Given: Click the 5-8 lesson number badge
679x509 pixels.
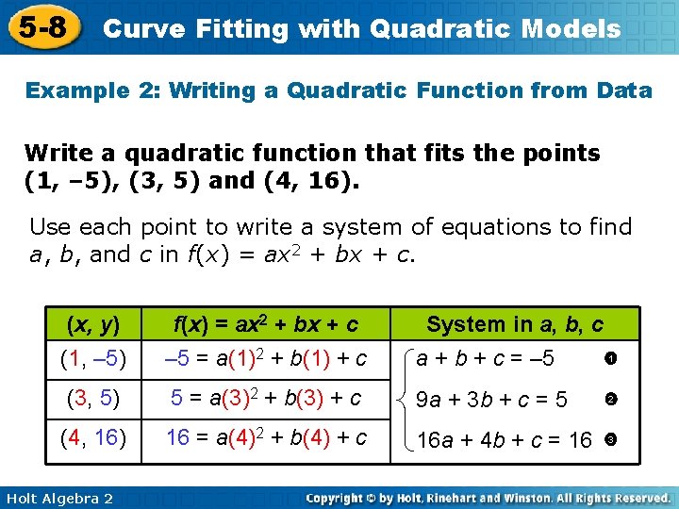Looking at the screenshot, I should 41,27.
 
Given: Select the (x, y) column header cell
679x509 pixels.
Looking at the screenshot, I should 92,324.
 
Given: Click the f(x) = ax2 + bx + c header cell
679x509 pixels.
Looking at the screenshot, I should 265,324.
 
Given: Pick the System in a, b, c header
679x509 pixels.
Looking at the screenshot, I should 515,324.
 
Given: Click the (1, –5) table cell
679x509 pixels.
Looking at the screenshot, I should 92,359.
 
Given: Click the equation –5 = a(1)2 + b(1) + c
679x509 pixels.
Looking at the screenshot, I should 265,359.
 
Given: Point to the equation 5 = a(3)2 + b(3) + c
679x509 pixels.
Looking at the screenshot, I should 265,399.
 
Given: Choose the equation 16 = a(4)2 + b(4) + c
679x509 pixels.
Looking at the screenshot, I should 265,438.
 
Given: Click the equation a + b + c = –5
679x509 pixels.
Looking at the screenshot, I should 486,359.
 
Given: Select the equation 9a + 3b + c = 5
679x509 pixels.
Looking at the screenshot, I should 491,401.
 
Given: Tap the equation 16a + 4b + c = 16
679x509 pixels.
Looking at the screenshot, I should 505,440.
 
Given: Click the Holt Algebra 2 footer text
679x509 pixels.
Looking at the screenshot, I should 58,497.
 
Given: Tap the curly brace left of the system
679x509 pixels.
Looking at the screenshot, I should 403,401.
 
